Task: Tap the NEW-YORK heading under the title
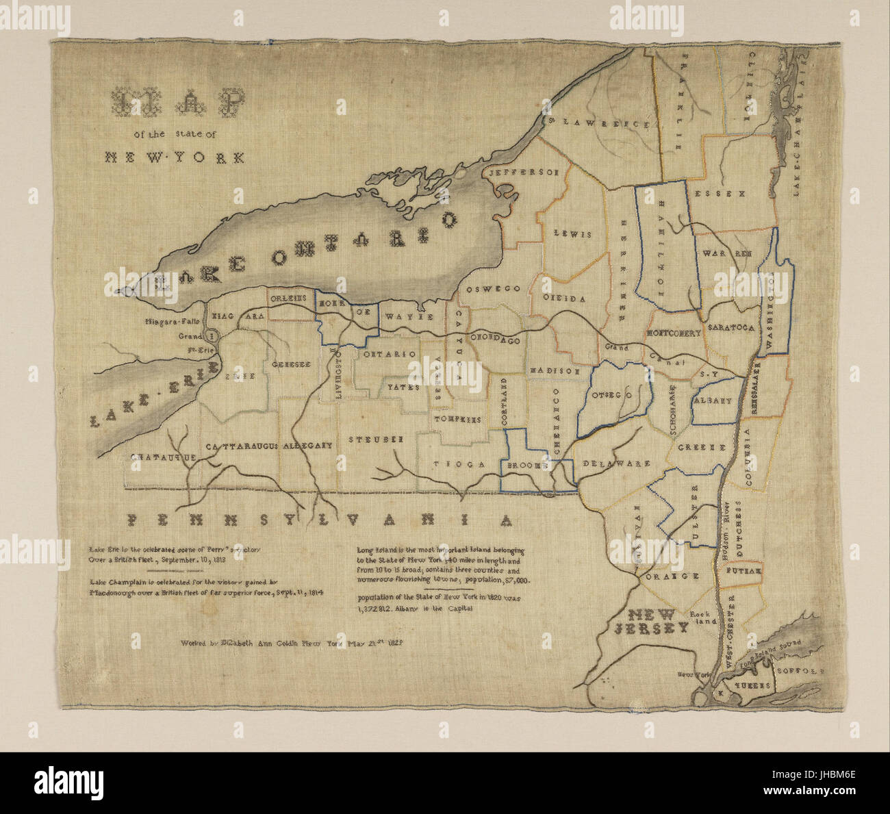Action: click(175, 157)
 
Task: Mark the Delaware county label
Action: click(616, 463)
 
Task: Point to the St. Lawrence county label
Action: click(598, 123)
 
